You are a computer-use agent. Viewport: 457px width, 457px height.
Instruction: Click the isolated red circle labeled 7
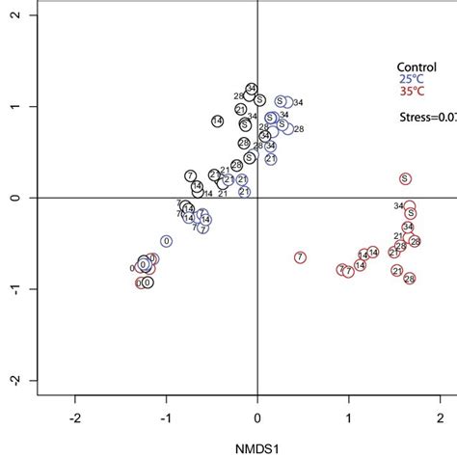pyautogui.click(x=300, y=257)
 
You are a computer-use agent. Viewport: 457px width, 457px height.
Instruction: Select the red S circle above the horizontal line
pyautogui.click(x=406, y=178)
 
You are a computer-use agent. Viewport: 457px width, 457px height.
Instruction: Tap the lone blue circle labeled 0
pyautogui.click(x=166, y=241)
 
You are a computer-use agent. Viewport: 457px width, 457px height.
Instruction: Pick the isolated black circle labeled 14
pyautogui.click(x=217, y=121)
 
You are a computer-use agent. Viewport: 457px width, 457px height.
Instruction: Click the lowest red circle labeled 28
pyautogui.click(x=410, y=279)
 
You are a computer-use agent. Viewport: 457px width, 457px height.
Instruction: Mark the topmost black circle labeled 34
pyautogui.click(x=252, y=90)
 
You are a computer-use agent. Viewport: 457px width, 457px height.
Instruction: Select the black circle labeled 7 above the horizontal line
pyautogui.click(x=191, y=175)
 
